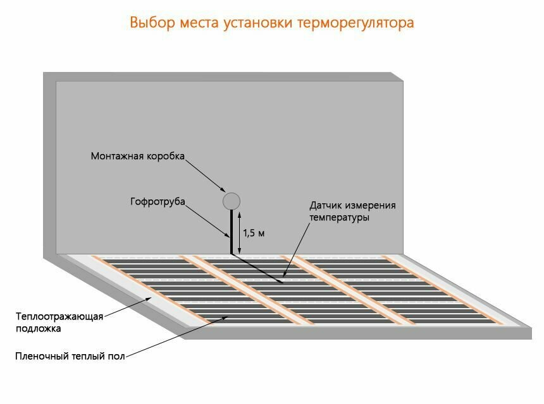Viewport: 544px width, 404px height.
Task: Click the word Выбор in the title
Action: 150,23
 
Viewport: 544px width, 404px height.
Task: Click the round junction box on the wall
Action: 232,201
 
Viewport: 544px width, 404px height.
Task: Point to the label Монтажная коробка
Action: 137,156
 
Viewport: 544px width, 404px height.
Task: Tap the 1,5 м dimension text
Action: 254,233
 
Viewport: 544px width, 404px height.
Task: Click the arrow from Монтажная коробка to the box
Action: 204,174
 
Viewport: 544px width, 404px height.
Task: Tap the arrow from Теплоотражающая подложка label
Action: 127,307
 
